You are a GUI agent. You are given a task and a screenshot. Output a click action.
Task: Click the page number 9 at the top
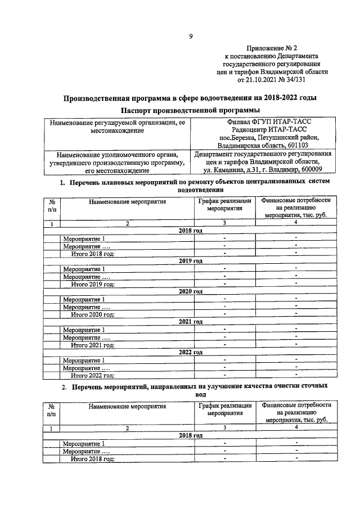coord(191,37)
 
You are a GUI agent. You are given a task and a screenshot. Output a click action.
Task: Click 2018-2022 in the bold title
coord(269,98)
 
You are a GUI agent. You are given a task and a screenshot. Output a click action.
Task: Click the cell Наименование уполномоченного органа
coord(118,154)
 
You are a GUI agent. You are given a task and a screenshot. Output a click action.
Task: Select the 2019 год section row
coord(190,261)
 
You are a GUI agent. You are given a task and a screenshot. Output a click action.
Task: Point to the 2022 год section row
coord(190,352)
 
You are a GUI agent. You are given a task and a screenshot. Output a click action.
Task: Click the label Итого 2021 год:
coord(92,344)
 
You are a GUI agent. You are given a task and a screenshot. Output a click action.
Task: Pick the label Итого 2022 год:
coord(92,375)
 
